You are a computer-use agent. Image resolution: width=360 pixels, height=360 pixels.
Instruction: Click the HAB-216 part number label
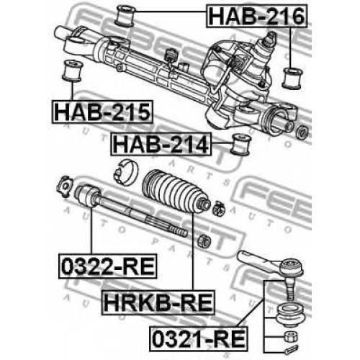(256, 16)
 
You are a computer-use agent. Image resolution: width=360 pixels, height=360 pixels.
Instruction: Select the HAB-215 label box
(102, 112)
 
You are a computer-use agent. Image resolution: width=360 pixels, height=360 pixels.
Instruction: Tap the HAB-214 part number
(161, 144)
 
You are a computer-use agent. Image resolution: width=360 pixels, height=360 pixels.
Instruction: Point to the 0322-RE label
(108, 266)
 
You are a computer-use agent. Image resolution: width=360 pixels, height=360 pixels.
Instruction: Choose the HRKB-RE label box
(158, 302)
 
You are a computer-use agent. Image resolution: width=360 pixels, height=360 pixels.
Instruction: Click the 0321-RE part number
(199, 339)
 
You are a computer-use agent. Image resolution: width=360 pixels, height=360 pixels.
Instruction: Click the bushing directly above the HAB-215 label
(72, 71)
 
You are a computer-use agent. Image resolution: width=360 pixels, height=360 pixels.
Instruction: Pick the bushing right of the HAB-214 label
(240, 144)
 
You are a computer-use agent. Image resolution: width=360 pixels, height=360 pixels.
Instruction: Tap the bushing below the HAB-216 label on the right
(292, 78)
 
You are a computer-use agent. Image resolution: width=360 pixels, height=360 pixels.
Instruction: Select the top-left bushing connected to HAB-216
(125, 16)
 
